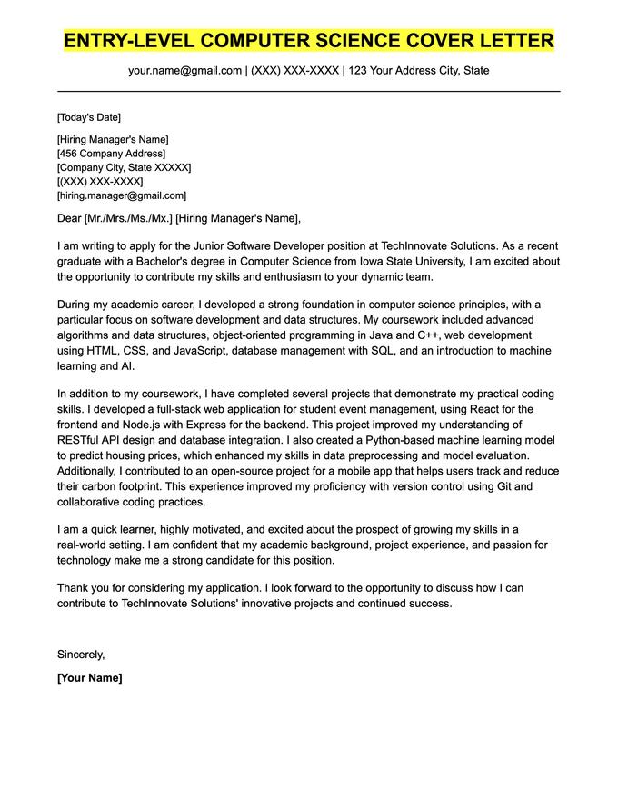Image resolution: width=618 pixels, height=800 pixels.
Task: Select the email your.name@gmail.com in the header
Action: pyautogui.click(x=184, y=70)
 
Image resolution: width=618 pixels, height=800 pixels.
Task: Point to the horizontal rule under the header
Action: pyautogui.click(x=309, y=91)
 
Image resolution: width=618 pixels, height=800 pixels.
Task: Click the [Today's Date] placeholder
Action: pyautogui.click(x=88, y=117)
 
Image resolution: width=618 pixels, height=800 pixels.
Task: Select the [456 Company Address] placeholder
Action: pyautogui.click(x=111, y=154)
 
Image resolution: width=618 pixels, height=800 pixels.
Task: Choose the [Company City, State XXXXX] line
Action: pyautogui.click(x=124, y=167)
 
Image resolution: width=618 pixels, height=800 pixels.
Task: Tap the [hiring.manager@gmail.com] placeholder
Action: pyautogui.click(x=121, y=195)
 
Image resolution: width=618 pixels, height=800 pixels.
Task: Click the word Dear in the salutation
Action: pyautogui.click(x=69, y=218)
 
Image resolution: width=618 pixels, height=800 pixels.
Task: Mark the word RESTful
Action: pyautogui.click(x=83, y=440)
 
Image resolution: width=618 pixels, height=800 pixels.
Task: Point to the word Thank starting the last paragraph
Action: pyautogui.click(x=75, y=587)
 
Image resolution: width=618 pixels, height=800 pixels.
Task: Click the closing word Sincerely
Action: pyautogui.click(x=80, y=654)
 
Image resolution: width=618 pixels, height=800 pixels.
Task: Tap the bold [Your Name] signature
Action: pyautogui.click(x=89, y=677)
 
